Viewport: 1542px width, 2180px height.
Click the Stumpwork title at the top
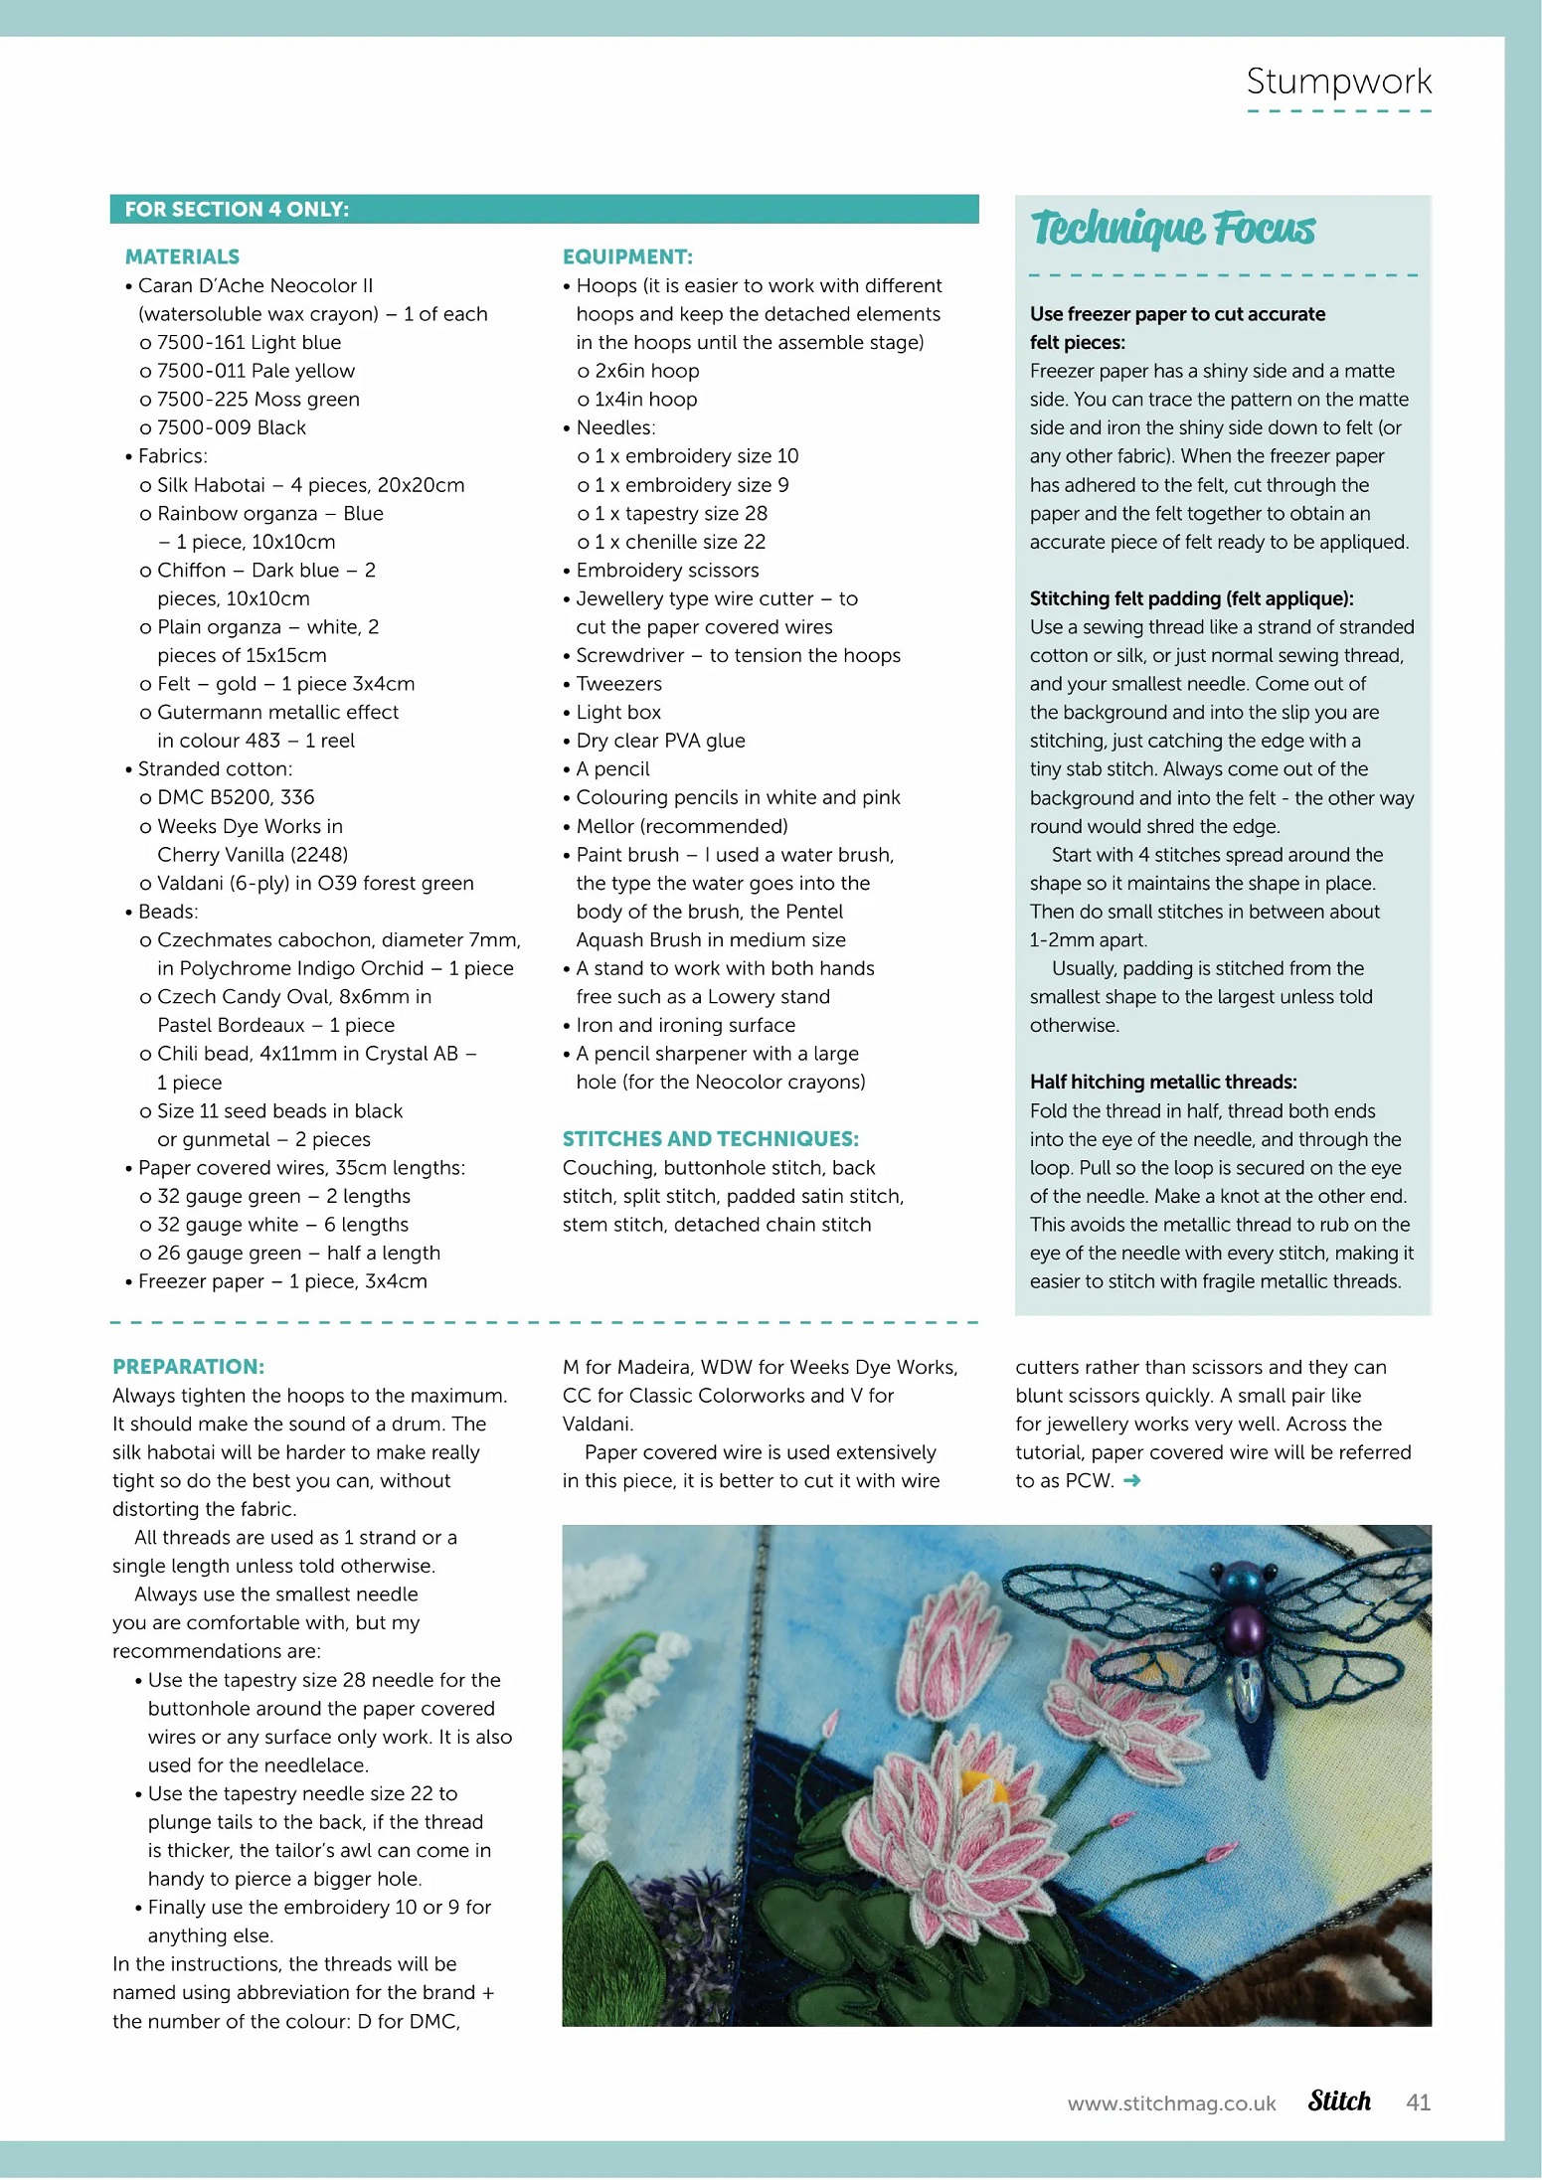click(x=1338, y=82)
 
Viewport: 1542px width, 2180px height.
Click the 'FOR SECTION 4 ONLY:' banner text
click(x=237, y=210)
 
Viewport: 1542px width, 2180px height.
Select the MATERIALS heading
click(x=182, y=257)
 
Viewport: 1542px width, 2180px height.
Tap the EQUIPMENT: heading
click(x=627, y=257)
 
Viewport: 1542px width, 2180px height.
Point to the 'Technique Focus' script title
click(x=1173, y=229)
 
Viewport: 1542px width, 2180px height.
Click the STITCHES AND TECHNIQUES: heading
click(x=710, y=1139)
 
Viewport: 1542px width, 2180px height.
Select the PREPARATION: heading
click(x=188, y=1367)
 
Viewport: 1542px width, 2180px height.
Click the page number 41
click(x=1418, y=2101)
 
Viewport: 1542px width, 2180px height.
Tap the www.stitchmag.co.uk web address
click(x=1171, y=2103)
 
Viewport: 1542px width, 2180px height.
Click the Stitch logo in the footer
click(x=1338, y=2100)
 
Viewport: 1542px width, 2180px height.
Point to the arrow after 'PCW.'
click(x=1131, y=1481)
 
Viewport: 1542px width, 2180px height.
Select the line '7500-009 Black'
click(x=231, y=428)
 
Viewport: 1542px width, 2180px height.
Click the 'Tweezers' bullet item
click(x=618, y=684)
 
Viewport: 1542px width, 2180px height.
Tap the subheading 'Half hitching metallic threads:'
click(x=1162, y=1082)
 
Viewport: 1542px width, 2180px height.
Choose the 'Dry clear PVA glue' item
click(x=660, y=741)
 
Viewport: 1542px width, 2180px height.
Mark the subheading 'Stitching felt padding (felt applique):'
click(x=1191, y=598)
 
